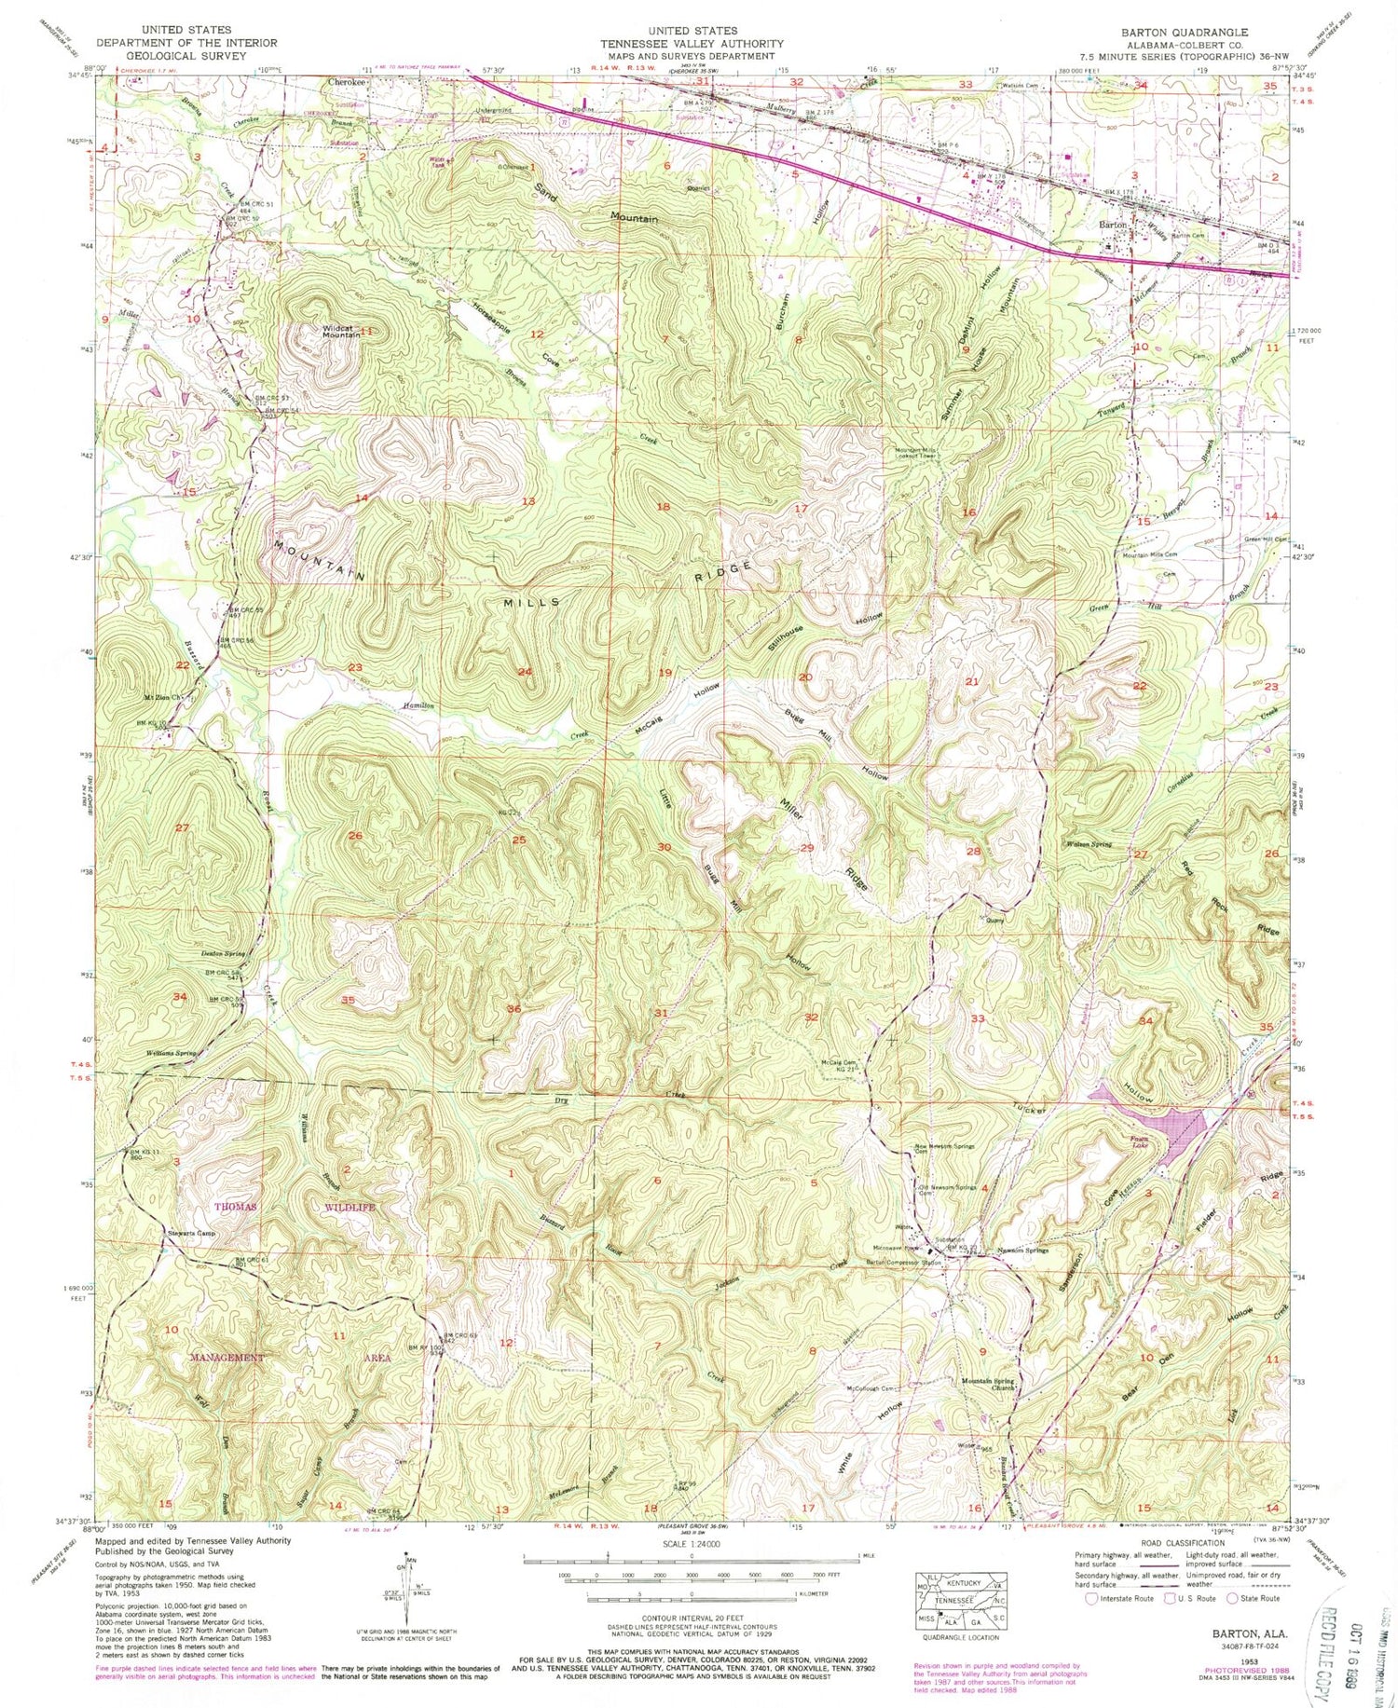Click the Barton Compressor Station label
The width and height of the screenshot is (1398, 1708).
coord(904,1263)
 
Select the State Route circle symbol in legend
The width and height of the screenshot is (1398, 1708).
coord(1233,1598)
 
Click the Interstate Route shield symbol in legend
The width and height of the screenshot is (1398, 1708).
coord(1092,1598)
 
